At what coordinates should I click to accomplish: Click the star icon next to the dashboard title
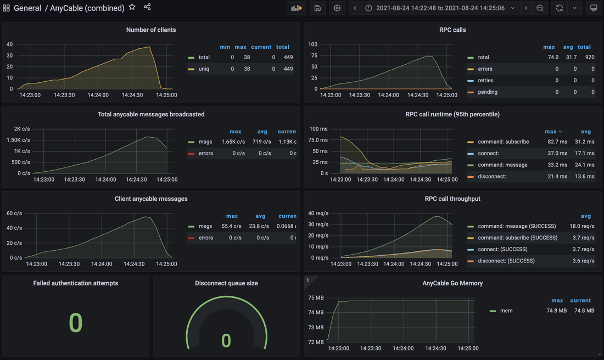click(x=132, y=8)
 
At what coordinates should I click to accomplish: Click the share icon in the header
click(x=147, y=7)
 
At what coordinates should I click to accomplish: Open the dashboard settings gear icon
click(x=337, y=8)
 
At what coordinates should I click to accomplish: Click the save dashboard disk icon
click(x=317, y=8)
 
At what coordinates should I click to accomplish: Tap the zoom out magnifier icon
click(x=540, y=8)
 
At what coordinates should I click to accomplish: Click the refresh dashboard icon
click(x=559, y=8)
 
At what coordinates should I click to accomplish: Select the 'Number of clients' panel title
click(x=151, y=30)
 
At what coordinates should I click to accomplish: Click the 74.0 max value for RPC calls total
click(x=552, y=57)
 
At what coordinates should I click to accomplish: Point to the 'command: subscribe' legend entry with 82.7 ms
click(x=503, y=142)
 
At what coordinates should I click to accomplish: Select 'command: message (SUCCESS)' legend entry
click(x=517, y=226)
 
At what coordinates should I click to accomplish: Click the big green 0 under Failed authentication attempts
click(x=76, y=323)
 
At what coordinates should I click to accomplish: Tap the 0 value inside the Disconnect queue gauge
click(x=226, y=341)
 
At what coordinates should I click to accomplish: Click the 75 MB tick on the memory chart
click(x=316, y=298)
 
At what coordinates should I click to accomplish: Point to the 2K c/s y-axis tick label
click(x=22, y=129)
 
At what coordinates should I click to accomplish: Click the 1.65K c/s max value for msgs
click(x=233, y=142)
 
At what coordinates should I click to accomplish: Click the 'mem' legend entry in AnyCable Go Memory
click(x=506, y=311)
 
